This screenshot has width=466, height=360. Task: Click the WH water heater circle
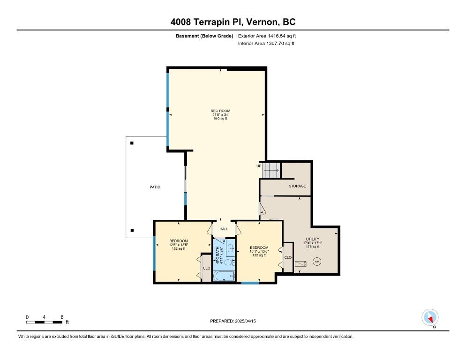pyautogui.click(x=316, y=262)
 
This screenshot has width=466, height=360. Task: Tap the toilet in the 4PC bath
pyautogui.click(x=228, y=262)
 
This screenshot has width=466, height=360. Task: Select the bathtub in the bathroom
pyautogui.click(x=224, y=276)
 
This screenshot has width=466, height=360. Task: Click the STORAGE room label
pyautogui.click(x=297, y=186)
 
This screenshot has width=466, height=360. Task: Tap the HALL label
pyautogui.click(x=224, y=229)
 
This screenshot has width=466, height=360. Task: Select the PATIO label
pyautogui.click(x=155, y=187)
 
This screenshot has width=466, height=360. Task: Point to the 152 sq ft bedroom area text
pyautogui.click(x=178, y=248)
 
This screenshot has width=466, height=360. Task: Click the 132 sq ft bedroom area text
pyautogui.click(x=259, y=255)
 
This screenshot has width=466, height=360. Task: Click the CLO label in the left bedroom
pyautogui.click(x=206, y=268)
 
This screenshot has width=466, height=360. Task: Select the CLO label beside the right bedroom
pyautogui.click(x=288, y=257)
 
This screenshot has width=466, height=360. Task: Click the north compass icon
pyautogui.click(x=430, y=317)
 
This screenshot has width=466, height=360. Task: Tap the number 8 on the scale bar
pyautogui.click(x=62, y=317)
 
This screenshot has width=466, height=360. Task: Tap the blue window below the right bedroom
pyautogui.click(x=250, y=283)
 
